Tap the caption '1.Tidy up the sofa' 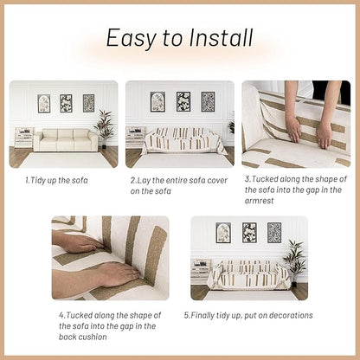57,180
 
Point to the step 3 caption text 294,191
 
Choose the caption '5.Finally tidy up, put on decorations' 248,315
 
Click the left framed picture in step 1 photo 43,104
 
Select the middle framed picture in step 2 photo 183,102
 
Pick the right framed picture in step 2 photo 208,102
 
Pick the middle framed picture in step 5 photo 249,232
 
